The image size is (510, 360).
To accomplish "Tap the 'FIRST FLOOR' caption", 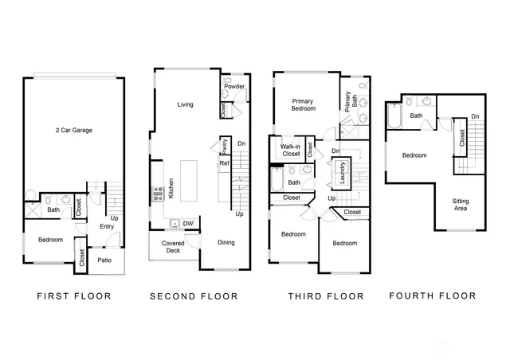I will click(x=73, y=296).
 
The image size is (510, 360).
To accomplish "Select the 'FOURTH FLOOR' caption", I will click(x=433, y=296).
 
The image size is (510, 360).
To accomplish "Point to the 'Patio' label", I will click(x=104, y=260).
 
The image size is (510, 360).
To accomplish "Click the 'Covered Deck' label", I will click(x=173, y=247).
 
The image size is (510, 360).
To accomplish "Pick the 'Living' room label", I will click(x=185, y=104).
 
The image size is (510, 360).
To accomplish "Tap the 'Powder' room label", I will click(x=234, y=86).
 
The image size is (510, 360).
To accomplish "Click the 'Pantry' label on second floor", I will click(x=226, y=145).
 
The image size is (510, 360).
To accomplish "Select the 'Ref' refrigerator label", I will click(x=224, y=164).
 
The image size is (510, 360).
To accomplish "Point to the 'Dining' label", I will click(x=226, y=243).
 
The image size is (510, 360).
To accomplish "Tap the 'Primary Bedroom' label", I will click(x=303, y=106).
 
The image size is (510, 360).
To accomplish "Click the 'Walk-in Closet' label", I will click(x=290, y=150).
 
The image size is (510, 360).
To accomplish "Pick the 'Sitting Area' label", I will click(x=460, y=205).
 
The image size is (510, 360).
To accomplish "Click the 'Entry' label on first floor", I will click(x=106, y=226).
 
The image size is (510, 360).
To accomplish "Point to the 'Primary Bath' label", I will click(x=348, y=101).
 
